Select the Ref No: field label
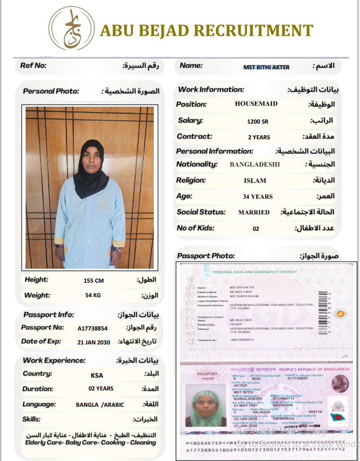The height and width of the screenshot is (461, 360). click(33, 66)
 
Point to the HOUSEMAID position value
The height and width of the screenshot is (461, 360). click(256, 104)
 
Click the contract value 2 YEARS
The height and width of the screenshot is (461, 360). click(259, 138)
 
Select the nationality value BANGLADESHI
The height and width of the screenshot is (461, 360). click(255, 164)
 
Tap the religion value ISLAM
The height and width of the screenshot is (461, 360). click(255, 181)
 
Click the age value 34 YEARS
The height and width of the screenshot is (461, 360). click(257, 197)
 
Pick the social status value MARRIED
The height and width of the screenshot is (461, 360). click(254, 213)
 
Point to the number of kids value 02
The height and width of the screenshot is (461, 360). click(256, 229)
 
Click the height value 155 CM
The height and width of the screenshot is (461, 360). click(93, 280)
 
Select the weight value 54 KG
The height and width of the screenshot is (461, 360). click(93, 295)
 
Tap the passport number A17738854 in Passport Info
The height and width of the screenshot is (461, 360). click(93, 328)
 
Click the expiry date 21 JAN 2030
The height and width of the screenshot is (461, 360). click(93, 342)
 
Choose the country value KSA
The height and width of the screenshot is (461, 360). click(97, 375)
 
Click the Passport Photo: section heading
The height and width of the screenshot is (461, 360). click(206, 256)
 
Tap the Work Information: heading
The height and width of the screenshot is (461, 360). click(210, 90)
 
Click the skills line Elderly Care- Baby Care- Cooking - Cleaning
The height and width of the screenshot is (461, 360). click(90, 442)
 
